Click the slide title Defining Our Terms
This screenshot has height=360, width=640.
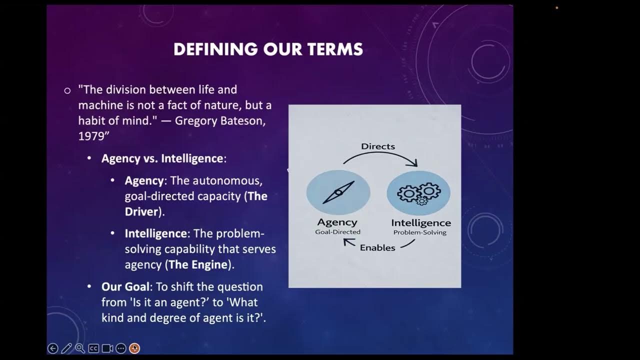coord(268,49)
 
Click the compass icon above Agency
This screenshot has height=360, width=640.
coord(338,192)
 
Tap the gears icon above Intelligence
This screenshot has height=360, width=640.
coord(419,192)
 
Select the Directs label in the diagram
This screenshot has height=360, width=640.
coord(378,146)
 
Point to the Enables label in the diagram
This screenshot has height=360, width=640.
coord(377,247)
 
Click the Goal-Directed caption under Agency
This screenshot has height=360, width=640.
coord(337,232)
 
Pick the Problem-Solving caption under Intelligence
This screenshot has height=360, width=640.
coord(420,232)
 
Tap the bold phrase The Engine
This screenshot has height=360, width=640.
coord(198,264)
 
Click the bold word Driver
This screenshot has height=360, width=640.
coord(141,211)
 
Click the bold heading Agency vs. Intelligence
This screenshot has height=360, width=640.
coord(162,158)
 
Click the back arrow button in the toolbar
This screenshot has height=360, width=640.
coord(52,348)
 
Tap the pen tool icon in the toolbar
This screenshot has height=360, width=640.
coord(66,348)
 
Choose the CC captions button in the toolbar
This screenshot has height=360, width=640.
coord(93,348)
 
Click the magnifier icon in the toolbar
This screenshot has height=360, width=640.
coord(80,348)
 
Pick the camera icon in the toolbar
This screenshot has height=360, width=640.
coord(107,348)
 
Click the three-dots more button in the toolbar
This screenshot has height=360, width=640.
coord(120,348)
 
